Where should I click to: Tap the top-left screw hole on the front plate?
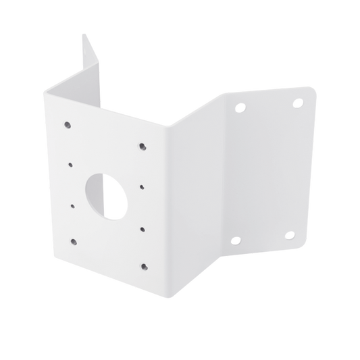68,124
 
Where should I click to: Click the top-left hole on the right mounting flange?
238,107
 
